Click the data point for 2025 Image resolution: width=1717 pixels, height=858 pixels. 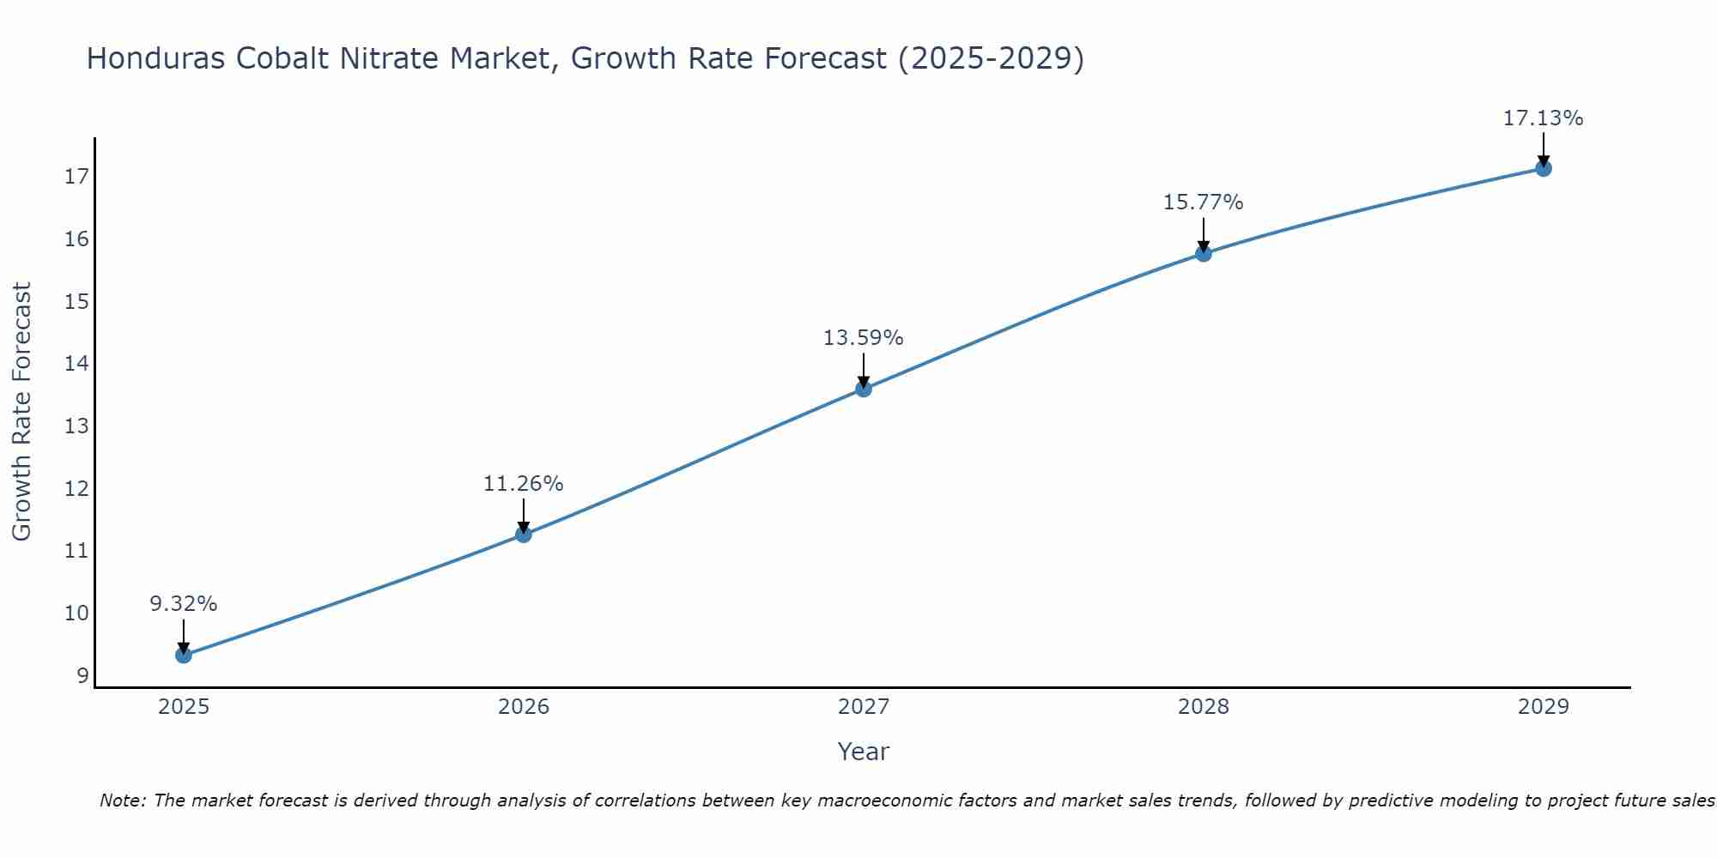pos(184,656)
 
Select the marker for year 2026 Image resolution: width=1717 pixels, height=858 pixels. pos(524,535)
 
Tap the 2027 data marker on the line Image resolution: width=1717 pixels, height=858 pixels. pos(864,389)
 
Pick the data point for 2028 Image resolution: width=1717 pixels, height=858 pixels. pos(1204,253)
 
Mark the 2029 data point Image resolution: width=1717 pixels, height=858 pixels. pos(1544,168)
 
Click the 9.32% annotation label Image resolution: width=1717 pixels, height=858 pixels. pos(184,604)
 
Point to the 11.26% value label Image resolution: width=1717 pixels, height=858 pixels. pos(524,484)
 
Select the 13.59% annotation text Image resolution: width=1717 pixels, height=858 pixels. pos(864,338)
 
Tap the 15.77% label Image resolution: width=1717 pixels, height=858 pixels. pos(1204,202)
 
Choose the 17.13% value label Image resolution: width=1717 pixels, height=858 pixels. pos(1544,118)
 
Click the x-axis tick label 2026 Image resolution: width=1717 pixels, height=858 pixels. pos(524,707)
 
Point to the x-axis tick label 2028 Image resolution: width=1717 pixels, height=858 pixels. pos(1204,707)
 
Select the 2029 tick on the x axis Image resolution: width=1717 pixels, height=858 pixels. pos(1544,707)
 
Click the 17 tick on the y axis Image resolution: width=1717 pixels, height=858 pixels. pos(76,177)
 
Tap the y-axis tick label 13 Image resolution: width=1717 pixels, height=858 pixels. pos(76,426)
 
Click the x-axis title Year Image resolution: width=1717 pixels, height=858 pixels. pos(864,752)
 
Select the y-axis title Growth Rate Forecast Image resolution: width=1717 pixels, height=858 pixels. pos(22,412)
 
